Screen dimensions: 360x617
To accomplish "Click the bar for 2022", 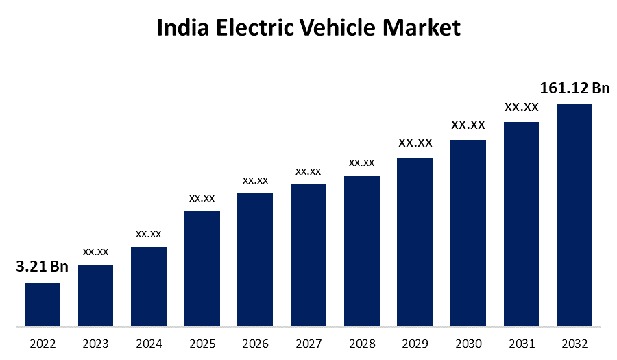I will tap(43, 304).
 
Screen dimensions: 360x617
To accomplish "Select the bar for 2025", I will tap(202, 268).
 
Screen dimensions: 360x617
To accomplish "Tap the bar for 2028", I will tap(362, 250).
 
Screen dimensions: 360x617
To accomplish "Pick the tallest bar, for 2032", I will tap(574, 215).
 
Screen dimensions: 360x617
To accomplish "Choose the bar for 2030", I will tap(468, 232).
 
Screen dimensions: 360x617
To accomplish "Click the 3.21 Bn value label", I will tap(42, 267).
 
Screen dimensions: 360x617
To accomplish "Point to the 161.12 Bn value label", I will tap(574, 88).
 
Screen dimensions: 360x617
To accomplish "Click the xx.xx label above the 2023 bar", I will tap(96, 252).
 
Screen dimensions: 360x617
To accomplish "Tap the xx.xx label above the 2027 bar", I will tap(308, 171).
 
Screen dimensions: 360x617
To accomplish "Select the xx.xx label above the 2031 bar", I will tap(522, 108).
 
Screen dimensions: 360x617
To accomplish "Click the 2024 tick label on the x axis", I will tap(149, 344).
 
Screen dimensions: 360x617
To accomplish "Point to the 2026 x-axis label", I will tap(255, 344).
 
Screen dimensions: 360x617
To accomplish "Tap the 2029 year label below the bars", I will tap(415, 344).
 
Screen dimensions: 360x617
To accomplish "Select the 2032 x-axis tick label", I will tap(574, 344).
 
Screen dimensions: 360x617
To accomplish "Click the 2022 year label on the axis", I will tap(43, 344).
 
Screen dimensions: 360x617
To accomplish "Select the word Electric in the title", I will tap(252, 28).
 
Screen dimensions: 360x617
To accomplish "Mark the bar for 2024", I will tap(149, 286).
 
